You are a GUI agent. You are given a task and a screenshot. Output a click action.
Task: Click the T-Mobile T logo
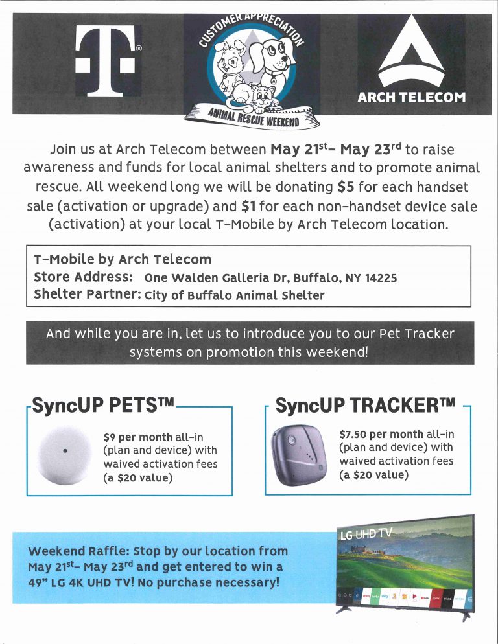[x=106, y=60]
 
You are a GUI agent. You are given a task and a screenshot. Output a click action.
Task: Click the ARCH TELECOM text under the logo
[x=411, y=98]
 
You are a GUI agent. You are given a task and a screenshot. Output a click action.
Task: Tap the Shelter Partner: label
[x=87, y=295]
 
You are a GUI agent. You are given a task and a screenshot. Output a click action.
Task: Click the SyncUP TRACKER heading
[x=364, y=407]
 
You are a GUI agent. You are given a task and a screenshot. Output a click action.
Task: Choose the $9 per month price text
[x=137, y=437]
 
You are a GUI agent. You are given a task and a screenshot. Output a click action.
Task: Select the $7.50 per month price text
[x=381, y=434]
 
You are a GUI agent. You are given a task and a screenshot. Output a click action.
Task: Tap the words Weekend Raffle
[x=77, y=551]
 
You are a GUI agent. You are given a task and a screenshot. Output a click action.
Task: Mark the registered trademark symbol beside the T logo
[x=139, y=48]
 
